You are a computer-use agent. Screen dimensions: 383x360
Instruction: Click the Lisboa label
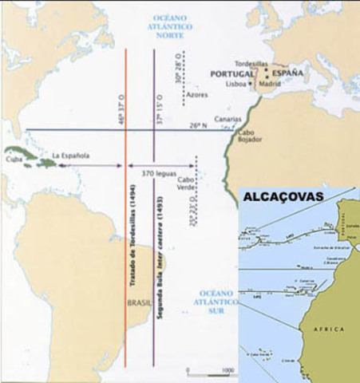click(235, 84)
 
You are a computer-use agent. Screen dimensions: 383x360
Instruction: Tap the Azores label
click(197, 94)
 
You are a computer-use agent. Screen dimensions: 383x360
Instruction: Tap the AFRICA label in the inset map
click(328, 328)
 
